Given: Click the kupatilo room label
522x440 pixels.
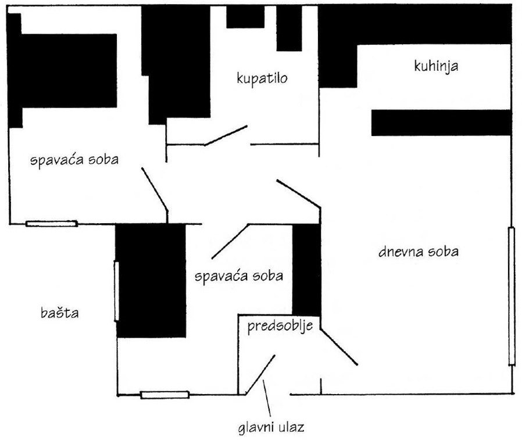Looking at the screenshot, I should tap(263, 78).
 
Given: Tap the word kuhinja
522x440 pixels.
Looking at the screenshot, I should tap(436, 66).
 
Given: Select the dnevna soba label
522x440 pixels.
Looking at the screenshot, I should tap(419, 252).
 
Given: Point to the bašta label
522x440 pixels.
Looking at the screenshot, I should tap(60, 313).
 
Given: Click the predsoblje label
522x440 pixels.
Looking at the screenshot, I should tap(280, 325).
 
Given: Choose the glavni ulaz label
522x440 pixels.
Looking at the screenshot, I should tap(271, 428).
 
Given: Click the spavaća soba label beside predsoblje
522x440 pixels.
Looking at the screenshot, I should tap(239, 276).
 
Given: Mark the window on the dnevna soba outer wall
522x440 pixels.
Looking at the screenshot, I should tap(512, 296).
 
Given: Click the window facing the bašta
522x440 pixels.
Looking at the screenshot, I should tap(116, 291).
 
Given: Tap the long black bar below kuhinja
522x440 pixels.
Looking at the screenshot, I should tap(441, 123).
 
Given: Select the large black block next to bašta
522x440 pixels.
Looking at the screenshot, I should tap(151, 280).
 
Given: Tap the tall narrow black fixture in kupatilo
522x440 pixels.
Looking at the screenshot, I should tap(288, 29).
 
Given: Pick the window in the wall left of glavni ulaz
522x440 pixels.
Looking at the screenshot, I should tap(165, 395).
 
